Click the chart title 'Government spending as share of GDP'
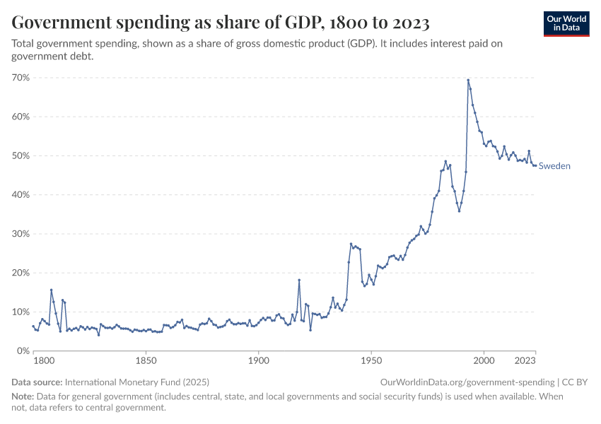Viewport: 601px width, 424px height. click(221, 23)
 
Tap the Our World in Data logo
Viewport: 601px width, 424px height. click(566, 23)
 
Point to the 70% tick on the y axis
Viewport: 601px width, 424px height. click(21, 78)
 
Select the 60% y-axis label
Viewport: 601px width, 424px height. click(21, 117)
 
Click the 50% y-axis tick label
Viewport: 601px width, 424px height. click(21, 155)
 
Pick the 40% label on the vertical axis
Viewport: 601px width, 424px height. click(21, 195)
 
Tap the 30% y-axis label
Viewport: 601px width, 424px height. click(21, 234)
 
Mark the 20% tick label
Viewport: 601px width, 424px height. click(21, 273)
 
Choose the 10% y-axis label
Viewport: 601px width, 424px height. click(21, 312)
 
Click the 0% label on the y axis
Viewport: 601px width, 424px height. click(23, 351)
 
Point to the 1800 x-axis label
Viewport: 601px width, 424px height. click(44, 360)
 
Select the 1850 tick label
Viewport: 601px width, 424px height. click(146, 360)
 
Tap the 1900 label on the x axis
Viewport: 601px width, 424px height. click(258, 360)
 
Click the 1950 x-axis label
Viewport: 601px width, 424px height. click(371, 360)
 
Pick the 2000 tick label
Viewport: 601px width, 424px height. click(484, 360)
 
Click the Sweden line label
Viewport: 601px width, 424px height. click(554, 166)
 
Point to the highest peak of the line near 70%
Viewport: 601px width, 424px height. click(468, 80)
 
